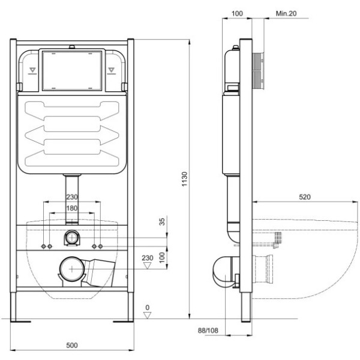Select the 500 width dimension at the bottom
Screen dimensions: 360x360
point(71,346)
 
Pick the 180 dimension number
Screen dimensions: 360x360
point(71,208)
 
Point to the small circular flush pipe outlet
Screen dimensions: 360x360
point(71,237)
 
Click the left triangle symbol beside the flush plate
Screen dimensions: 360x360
point(32,70)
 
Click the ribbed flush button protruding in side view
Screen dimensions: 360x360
point(259,70)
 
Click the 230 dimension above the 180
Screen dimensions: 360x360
point(71,198)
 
